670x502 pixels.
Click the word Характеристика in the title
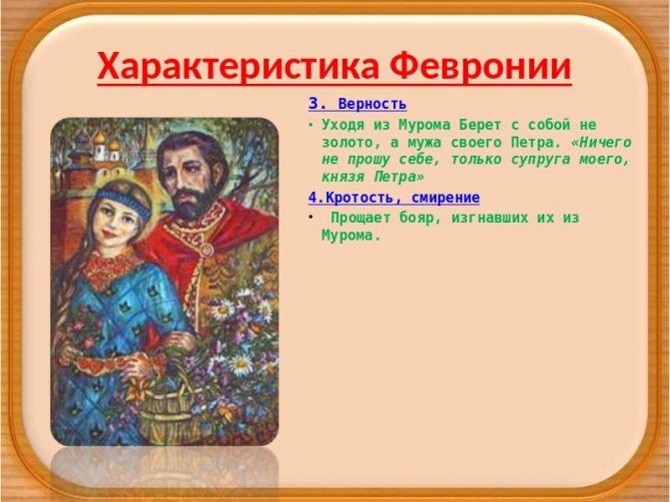239,67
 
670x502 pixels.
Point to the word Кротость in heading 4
356,197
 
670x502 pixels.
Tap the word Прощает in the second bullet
360,217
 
